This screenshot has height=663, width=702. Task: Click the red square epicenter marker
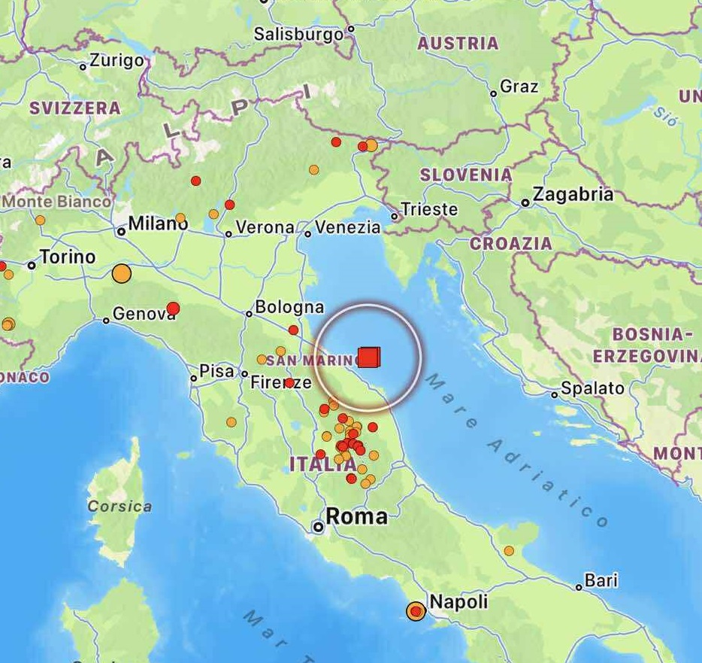click(368, 357)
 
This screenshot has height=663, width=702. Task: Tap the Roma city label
click(356, 516)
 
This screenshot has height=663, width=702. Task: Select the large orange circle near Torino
click(121, 273)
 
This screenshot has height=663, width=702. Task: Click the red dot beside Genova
click(173, 308)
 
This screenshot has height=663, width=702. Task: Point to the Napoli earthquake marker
click(416, 611)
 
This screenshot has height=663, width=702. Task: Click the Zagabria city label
click(573, 195)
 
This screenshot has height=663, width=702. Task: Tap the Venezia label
click(348, 227)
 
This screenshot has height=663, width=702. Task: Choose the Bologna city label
click(289, 307)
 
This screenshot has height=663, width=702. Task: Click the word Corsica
click(120, 506)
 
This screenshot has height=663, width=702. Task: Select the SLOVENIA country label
click(466, 175)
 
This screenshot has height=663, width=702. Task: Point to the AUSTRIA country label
click(458, 44)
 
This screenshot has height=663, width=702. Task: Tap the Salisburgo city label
click(298, 34)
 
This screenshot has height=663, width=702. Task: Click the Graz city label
click(519, 87)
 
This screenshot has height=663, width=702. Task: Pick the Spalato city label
click(593, 388)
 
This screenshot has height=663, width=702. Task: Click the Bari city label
click(601, 580)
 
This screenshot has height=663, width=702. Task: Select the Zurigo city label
click(116, 61)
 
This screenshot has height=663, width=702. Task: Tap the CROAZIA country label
click(511, 243)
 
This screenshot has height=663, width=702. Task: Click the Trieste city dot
click(395, 217)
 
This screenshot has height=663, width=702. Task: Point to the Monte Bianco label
click(57, 202)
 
